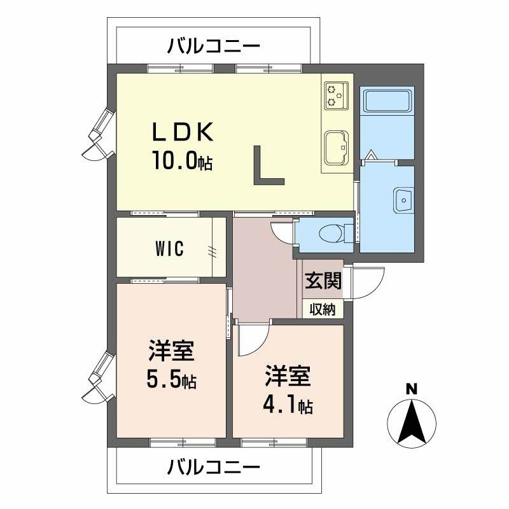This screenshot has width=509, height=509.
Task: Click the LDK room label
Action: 183,132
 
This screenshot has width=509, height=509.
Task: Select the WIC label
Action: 169,249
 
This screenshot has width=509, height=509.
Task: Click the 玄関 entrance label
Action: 323,280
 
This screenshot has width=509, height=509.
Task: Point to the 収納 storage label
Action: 323,309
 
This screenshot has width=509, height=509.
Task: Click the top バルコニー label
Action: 214,46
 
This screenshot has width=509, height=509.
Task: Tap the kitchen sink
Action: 337,148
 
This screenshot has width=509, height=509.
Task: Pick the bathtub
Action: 387,101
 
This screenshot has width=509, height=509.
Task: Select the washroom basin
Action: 404,200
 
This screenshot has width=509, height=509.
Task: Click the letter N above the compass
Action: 412,389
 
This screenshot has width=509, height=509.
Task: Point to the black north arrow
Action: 412,422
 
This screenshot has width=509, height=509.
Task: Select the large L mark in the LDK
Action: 268,165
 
